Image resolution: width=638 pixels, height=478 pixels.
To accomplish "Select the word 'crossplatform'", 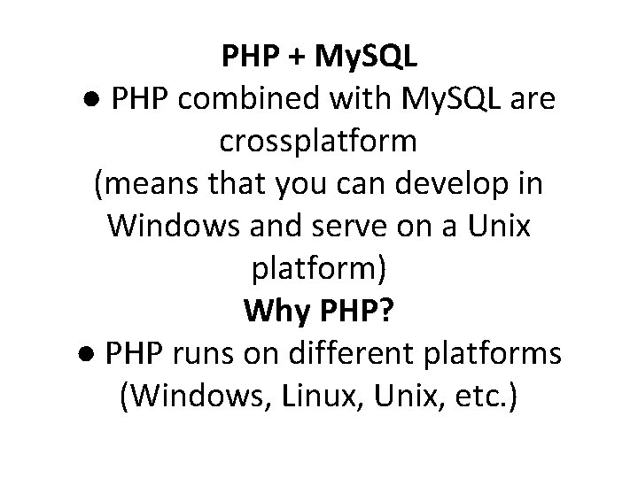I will click(x=318, y=141).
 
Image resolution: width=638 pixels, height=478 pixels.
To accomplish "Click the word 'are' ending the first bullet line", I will click(x=533, y=100).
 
